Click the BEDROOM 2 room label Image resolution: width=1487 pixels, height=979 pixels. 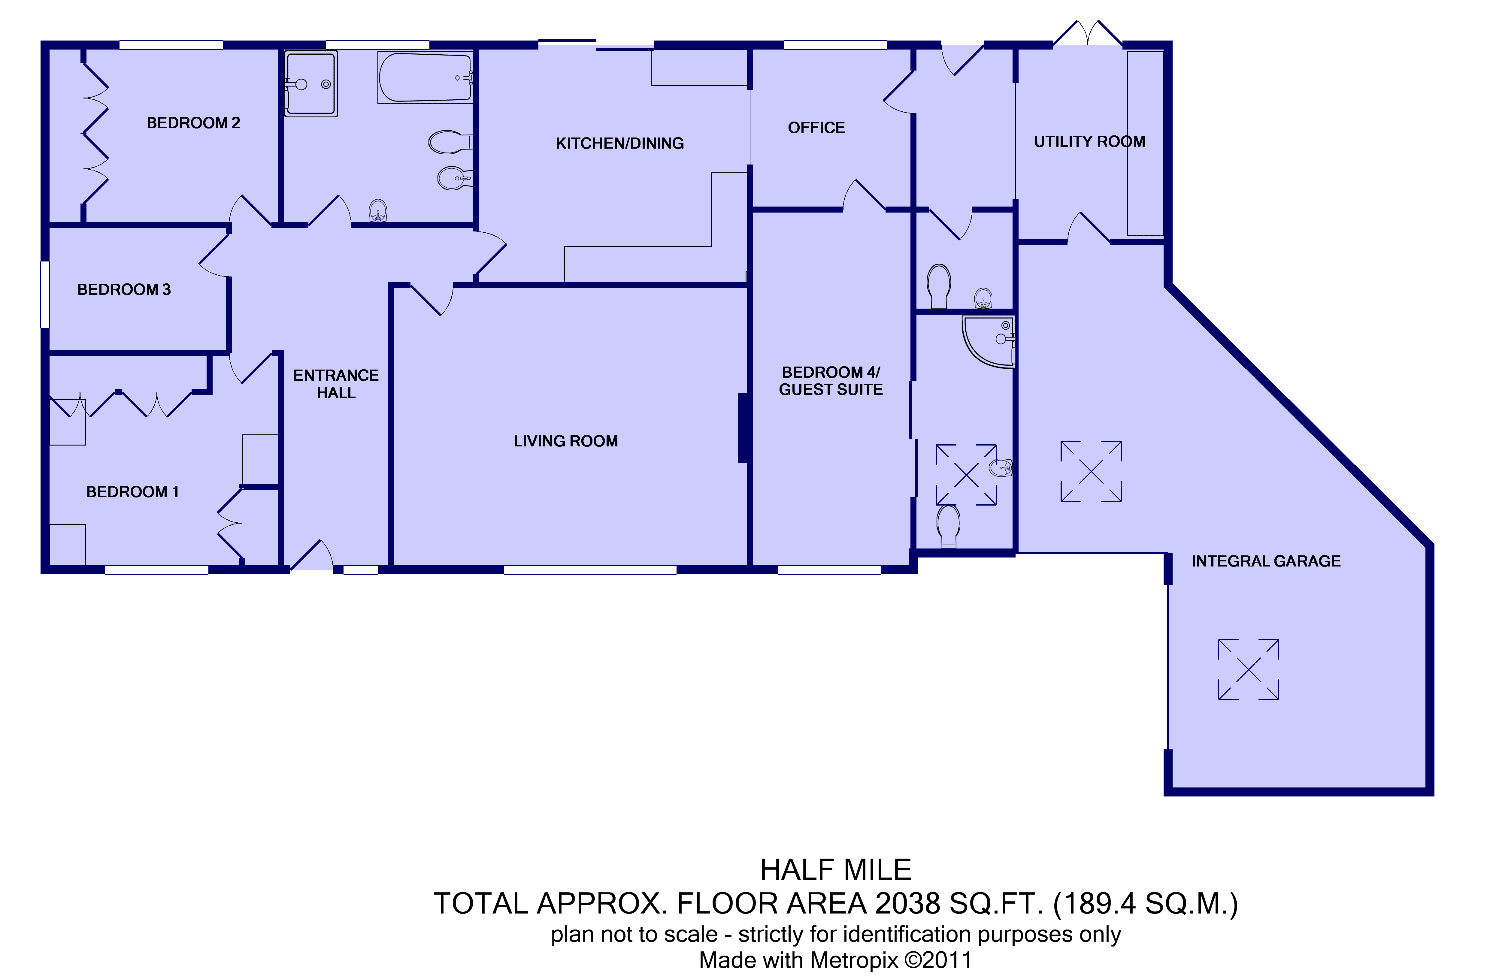(193, 123)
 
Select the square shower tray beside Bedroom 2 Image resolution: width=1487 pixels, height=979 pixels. (311, 84)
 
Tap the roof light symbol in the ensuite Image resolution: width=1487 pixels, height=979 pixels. (966, 475)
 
